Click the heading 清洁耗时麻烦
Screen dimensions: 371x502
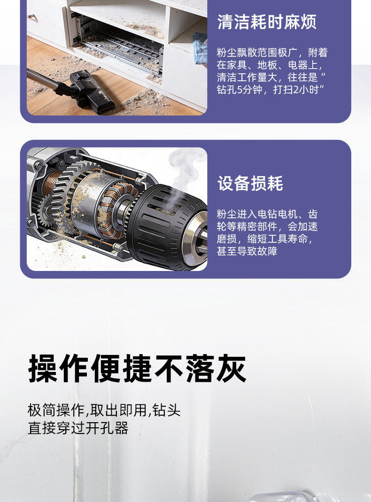click(267, 22)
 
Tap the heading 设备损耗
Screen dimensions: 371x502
click(250, 184)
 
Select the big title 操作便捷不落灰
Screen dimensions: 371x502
click(137, 369)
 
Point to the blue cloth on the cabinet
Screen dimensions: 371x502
click(200, 48)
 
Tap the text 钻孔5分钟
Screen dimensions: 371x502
click(240, 90)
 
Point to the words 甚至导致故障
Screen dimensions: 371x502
click(247, 251)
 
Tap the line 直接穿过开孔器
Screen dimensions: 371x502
click(78, 428)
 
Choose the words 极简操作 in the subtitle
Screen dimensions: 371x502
click(56, 410)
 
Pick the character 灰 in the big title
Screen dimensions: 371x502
click(231, 369)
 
